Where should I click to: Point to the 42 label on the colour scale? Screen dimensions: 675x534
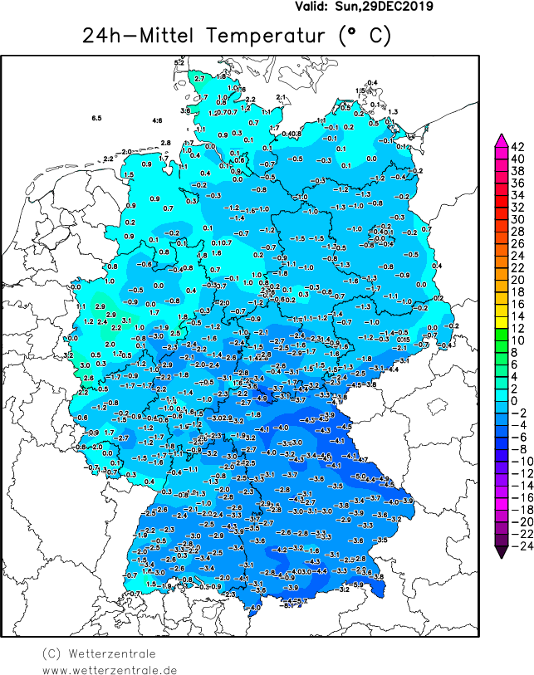tap(517, 146)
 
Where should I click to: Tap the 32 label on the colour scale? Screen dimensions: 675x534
tap(517, 207)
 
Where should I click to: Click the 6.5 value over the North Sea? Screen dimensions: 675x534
tap(96, 119)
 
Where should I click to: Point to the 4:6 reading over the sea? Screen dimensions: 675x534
tap(157, 121)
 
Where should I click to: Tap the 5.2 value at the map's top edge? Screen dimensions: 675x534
tap(179, 62)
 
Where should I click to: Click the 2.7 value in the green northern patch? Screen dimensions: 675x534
tap(198, 80)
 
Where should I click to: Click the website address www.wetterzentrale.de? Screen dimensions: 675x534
tap(110, 669)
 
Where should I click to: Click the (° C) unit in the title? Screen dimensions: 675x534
tap(364, 36)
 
